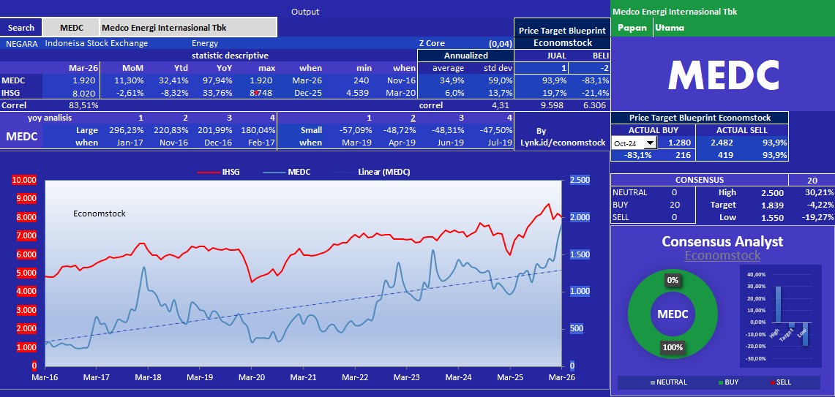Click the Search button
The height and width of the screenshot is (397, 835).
21,28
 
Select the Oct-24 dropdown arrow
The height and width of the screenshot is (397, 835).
650,144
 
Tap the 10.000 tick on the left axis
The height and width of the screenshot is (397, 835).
24,180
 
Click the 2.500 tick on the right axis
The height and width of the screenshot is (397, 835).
580,180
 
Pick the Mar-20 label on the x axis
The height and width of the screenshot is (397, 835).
252,377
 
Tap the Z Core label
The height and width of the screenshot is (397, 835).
432,43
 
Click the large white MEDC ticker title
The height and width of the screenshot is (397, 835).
722,75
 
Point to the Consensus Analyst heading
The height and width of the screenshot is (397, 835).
722,241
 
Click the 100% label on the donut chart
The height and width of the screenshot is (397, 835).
672,347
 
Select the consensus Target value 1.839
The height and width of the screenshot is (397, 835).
773,205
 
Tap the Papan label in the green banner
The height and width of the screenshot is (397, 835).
632,28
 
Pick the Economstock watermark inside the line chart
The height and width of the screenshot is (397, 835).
100,213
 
